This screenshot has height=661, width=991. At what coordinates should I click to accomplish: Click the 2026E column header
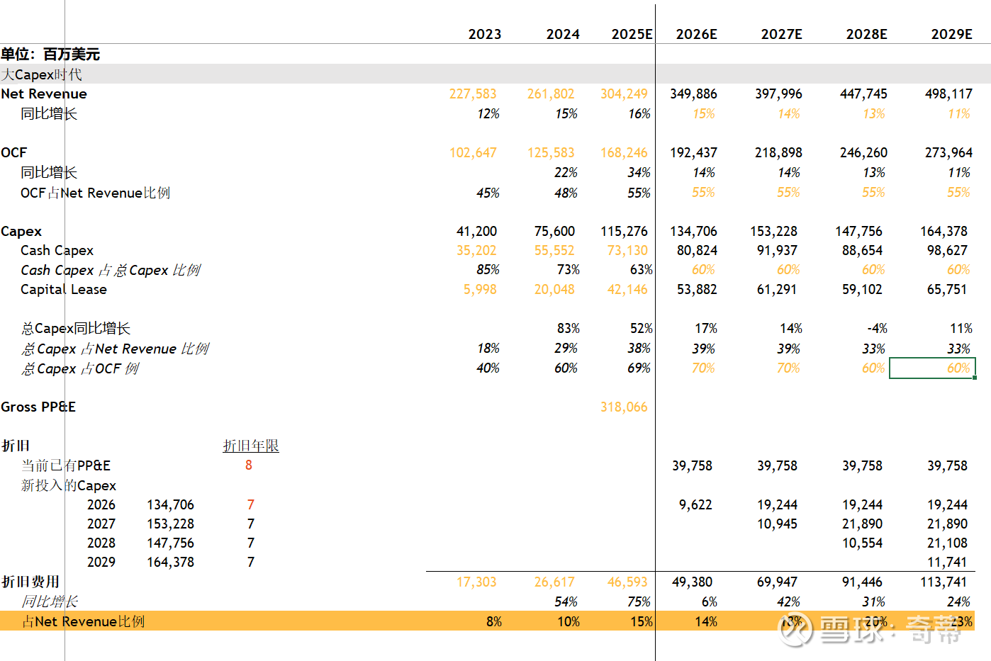(696, 34)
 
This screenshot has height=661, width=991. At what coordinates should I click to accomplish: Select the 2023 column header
(484, 34)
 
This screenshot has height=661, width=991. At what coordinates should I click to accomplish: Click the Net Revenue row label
(44, 94)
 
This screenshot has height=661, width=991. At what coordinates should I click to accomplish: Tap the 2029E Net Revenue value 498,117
(948, 94)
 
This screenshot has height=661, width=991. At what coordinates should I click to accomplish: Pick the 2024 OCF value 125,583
(551, 152)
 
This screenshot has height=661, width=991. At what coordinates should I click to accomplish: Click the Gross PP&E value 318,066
(624, 407)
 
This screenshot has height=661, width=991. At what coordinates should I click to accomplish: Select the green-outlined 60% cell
(932, 368)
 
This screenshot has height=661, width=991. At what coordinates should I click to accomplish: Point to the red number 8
(249, 465)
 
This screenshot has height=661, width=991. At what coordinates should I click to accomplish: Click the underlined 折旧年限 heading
(251, 446)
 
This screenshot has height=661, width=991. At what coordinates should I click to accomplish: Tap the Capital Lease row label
(64, 289)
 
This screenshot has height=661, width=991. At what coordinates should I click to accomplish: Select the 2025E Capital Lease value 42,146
(627, 289)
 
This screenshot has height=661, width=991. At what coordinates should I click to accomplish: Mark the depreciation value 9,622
(695, 504)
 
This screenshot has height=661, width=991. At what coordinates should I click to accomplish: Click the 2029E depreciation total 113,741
(947, 582)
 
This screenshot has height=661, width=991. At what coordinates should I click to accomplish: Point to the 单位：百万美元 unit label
(50, 54)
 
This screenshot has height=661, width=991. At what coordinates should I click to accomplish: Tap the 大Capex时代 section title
(41, 74)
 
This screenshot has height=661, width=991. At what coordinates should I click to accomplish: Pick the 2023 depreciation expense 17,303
(476, 582)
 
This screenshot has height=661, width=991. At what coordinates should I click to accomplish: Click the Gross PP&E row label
(38, 407)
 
